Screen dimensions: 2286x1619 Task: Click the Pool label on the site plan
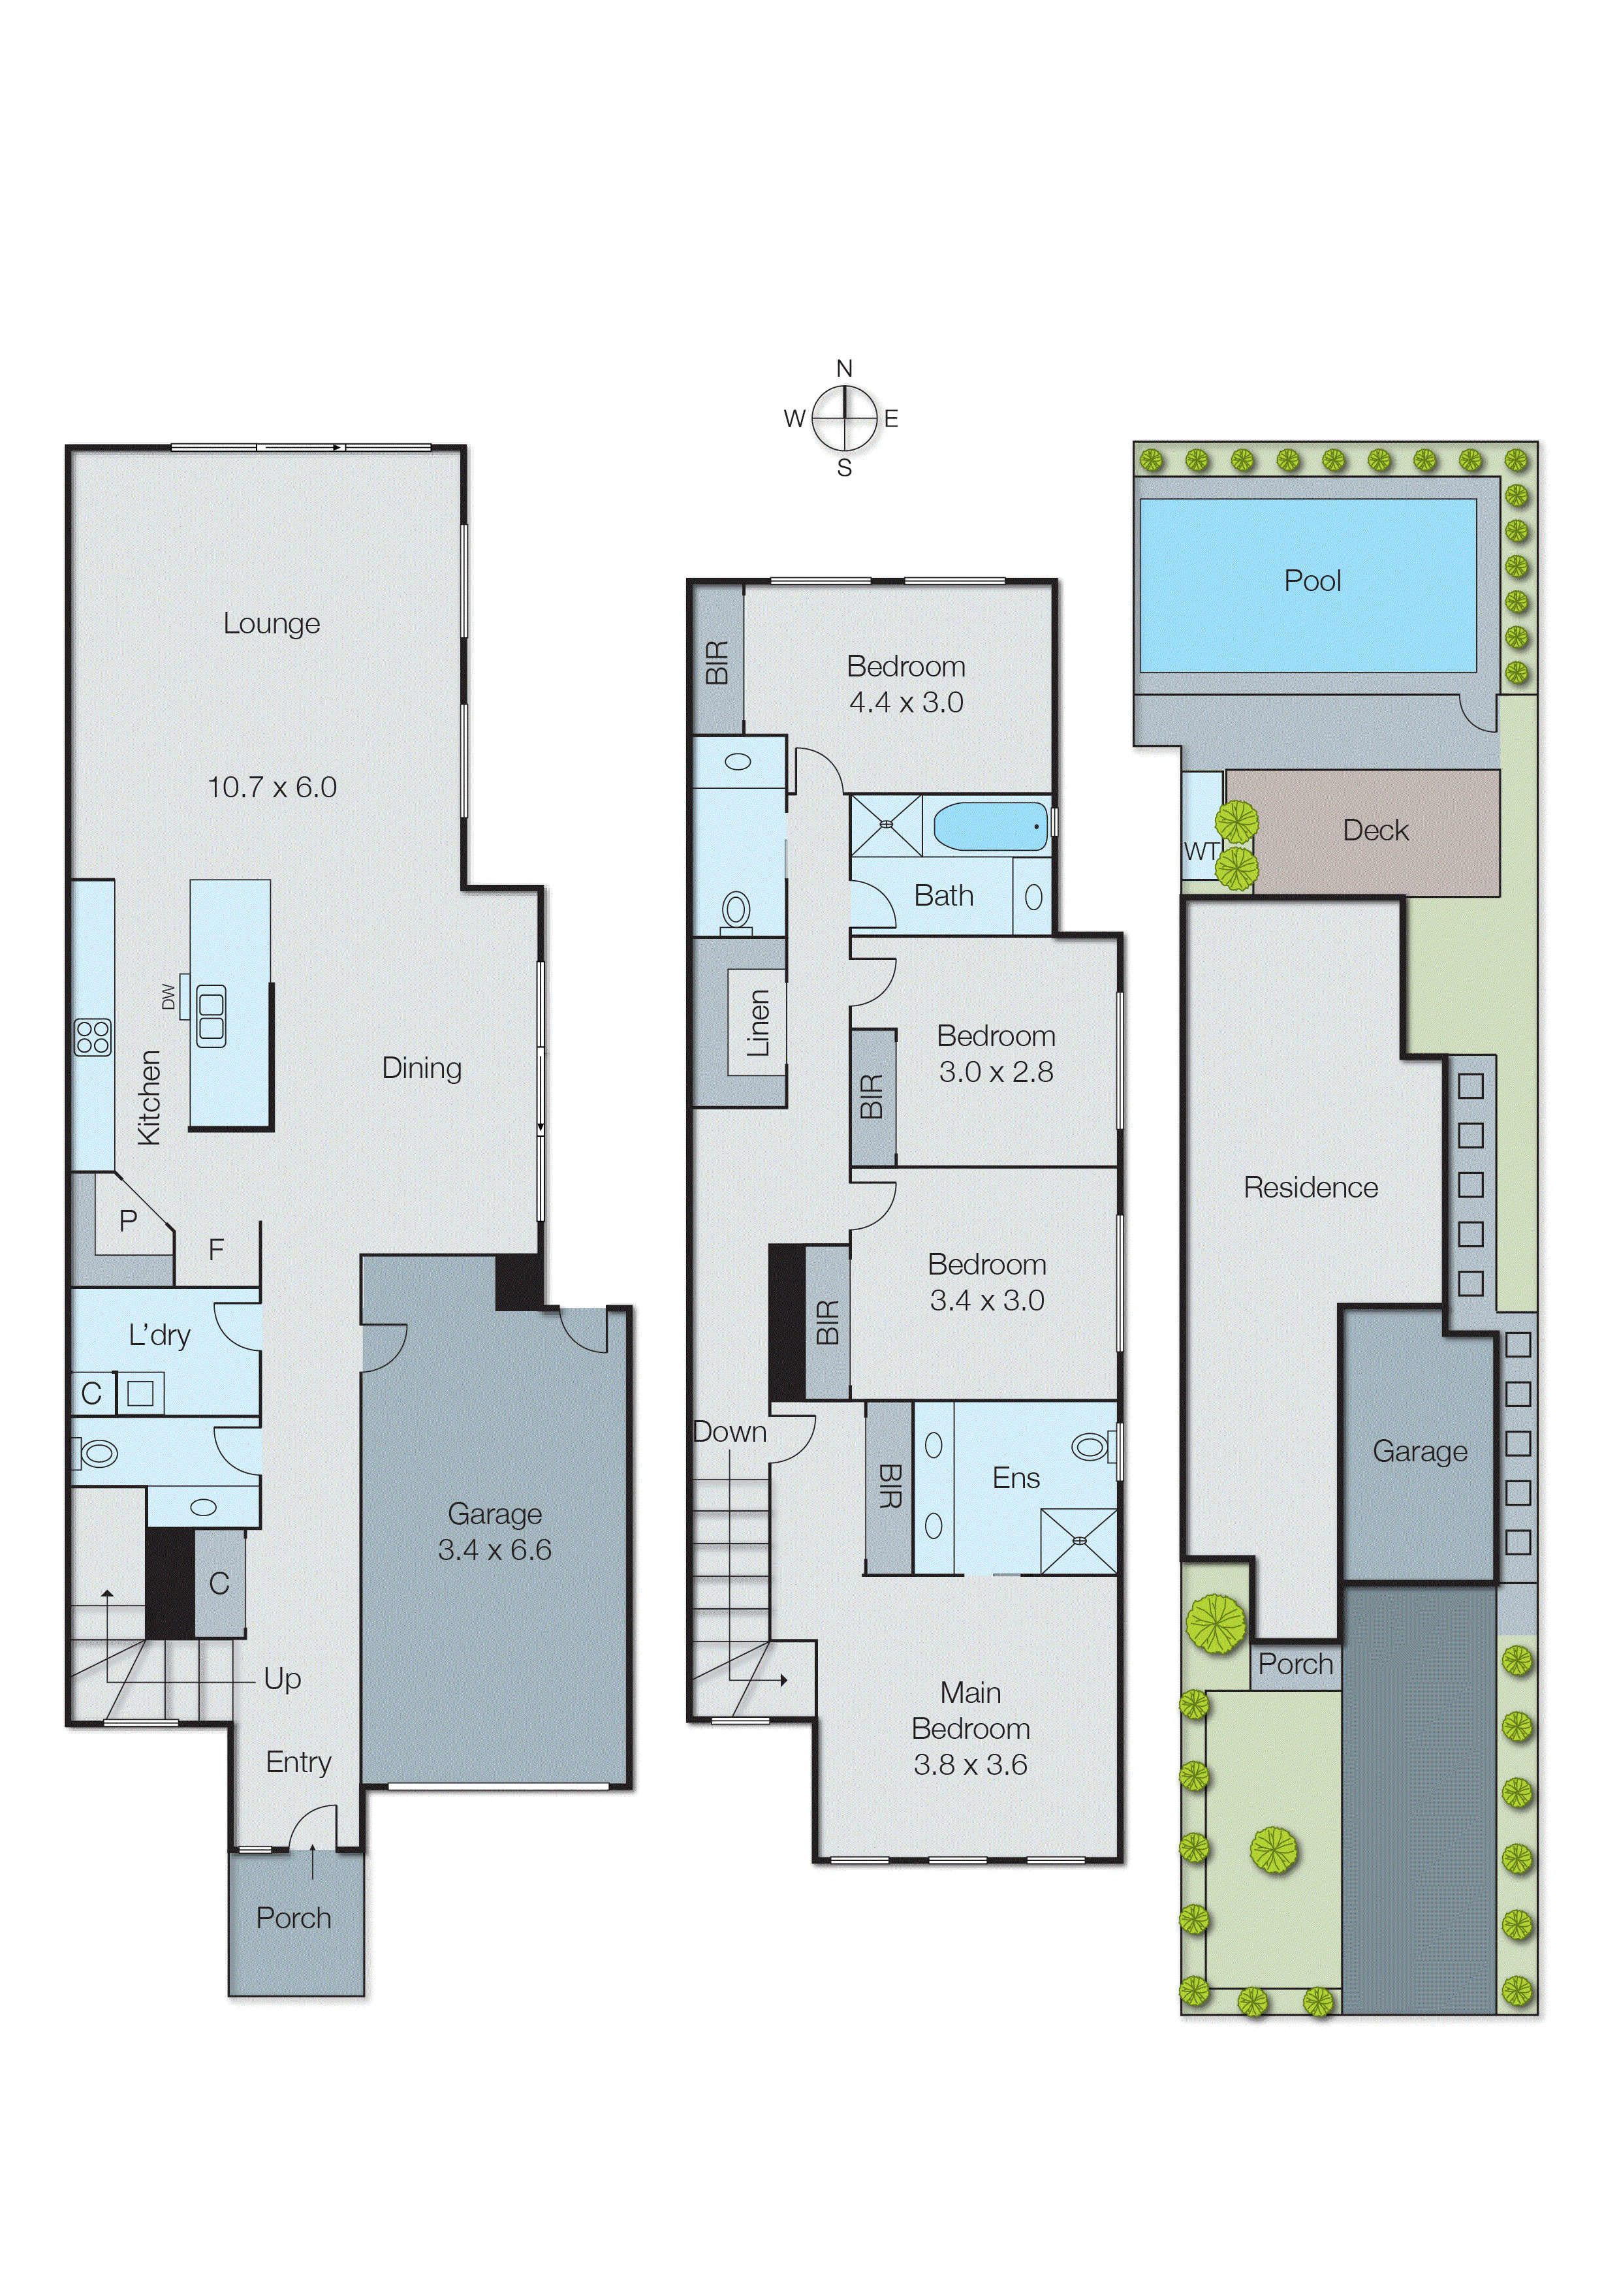pos(1312,581)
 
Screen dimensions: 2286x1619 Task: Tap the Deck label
pos(1375,831)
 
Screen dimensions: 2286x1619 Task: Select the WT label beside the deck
pos(1201,851)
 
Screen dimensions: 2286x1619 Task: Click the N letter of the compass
pos(844,369)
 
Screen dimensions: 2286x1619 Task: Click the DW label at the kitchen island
pos(168,996)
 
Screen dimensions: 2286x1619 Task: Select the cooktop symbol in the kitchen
pos(93,1037)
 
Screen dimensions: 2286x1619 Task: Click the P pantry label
pos(127,1220)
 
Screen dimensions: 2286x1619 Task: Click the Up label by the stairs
pos(282,1679)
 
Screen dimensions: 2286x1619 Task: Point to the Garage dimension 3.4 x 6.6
pos(494,1549)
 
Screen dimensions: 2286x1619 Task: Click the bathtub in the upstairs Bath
pos(990,827)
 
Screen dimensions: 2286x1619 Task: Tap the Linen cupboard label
pos(759,1023)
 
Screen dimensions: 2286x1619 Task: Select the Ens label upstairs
pos(1015,1478)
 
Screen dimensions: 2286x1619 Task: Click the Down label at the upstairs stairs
pos(730,1432)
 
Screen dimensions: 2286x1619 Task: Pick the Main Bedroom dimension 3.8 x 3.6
pos(970,1764)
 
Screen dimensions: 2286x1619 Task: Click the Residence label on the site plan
pos(1310,1187)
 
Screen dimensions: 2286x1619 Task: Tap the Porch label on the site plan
pos(1295,1664)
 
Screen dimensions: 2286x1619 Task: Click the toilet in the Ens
pos(1092,1446)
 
